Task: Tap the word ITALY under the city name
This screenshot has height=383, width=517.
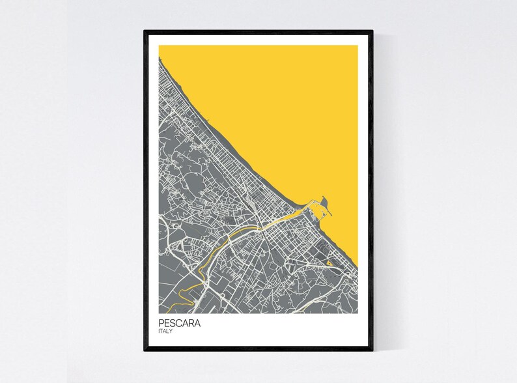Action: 165,332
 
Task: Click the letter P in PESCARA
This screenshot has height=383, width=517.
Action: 160,322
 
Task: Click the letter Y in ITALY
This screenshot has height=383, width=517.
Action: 172,332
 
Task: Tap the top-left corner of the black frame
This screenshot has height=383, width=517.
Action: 145,30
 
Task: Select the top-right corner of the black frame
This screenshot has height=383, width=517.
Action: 372,30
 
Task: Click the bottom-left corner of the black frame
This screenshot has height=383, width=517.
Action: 145,350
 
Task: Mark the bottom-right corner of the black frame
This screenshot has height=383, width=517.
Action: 372,350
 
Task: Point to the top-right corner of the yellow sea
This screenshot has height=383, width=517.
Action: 357,46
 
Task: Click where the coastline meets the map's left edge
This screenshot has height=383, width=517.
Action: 159,57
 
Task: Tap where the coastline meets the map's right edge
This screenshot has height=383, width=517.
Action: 357,266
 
